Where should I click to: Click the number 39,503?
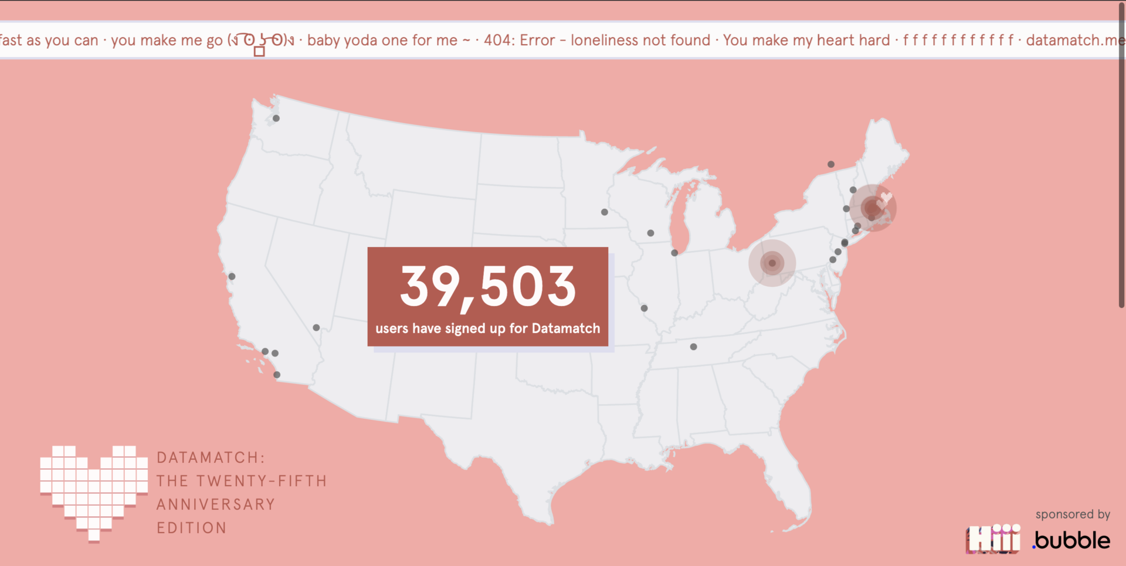tap(488, 287)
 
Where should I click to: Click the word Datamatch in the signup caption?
tap(566, 328)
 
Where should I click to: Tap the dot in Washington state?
tap(276, 118)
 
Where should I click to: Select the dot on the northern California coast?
tap(232, 276)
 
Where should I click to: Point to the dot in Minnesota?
tap(605, 212)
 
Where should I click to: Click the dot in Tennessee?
tap(694, 347)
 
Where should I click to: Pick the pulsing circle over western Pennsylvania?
tap(772, 263)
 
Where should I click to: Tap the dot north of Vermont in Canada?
tap(831, 164)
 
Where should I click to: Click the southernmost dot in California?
tap(277, 375)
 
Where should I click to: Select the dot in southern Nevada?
tap(317, 328)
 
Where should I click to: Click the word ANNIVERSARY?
tap(216, 504)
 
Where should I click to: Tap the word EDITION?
tap(192, 528)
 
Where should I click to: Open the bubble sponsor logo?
tap(1072, 540)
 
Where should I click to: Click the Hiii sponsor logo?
tap(993, 539)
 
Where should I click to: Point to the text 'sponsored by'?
tap(1073, 514)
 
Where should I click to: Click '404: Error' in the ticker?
tap(519, 40)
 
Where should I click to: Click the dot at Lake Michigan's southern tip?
tap(674, 253)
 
